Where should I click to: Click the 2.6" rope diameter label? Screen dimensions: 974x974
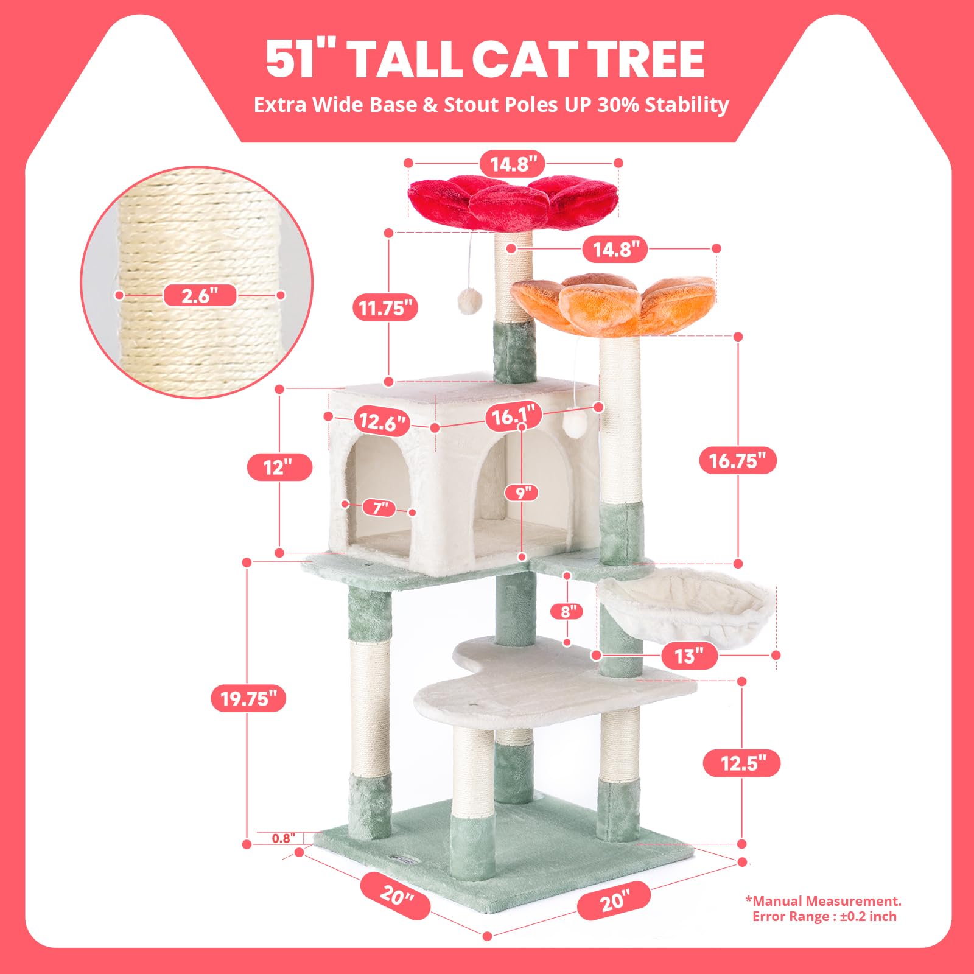[200, 296]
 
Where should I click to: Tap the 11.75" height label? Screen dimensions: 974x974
[385, 308]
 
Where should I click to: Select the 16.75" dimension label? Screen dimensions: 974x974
[738, 460]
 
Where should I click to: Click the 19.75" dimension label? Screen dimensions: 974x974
[248, 698]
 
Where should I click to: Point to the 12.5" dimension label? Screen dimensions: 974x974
[741, 763]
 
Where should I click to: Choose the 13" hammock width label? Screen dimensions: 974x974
[688, 656]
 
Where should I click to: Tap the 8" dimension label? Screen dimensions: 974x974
[567, 611]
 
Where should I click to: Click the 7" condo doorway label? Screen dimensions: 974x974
[380, 507]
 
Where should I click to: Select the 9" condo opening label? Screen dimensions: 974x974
[522, 492]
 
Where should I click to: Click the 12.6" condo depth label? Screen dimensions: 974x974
[382, 422]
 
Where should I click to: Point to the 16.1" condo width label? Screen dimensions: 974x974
[513, 416]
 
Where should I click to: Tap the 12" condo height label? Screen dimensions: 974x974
[279, 468]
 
